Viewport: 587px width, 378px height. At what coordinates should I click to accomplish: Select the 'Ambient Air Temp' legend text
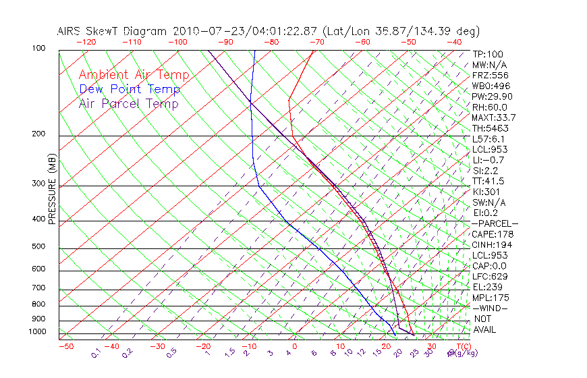click(x=134, y=75)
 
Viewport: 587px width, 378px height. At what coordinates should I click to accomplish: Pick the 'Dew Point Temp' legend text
click(x=130, y=89)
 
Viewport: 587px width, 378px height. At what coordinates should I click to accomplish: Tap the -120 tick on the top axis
click(x=86, y=42)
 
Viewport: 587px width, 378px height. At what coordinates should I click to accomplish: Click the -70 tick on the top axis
click(x=316, y=42)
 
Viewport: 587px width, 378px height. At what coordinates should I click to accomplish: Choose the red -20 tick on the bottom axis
click(x=202, y=347)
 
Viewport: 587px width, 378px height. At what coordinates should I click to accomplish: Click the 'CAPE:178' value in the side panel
click(x=492, y=234)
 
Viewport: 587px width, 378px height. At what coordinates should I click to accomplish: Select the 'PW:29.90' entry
click(x=493, y=97)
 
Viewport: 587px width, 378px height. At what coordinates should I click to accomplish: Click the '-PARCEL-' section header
click(x=495, y=223)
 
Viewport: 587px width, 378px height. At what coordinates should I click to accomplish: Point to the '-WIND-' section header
click(x=490, y=308)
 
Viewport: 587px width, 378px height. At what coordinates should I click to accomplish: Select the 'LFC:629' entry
click(x=489, y=276)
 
